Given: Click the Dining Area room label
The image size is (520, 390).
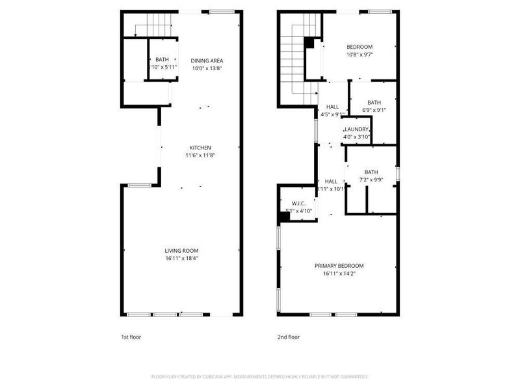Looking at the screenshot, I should [x=207, y=60].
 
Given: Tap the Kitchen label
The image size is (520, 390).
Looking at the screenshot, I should [x=200, y=148].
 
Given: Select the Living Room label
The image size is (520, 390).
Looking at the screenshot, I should [x=181, y=250].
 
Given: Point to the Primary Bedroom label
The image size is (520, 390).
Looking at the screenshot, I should [x=339, y=265].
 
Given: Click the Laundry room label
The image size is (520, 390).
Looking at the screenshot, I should [x=357, y=129].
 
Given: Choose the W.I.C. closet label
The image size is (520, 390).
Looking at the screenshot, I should [x=299, y=203].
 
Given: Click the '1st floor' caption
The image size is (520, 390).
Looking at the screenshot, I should [x=131, y=337].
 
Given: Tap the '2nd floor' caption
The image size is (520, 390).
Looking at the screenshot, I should [x=289, y=337].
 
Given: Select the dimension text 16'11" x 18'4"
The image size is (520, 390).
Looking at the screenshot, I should [x=181, y=258].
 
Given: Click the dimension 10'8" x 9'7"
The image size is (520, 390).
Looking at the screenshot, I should [x=359, y=55].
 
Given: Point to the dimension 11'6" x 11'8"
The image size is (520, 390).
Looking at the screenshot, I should [x=200, y=155].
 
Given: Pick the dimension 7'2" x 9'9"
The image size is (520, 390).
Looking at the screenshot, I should [x=371, y=179].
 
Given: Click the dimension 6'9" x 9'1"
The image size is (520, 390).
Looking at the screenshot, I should [x=374, y=110].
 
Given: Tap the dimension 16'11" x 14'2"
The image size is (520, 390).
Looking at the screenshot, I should [x=339, y=273].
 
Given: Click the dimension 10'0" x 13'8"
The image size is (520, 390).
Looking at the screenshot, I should [x=207, y=68].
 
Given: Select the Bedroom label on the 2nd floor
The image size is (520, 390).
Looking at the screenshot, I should [x=359, y=47].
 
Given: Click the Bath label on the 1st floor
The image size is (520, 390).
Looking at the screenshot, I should [x=161, y=60].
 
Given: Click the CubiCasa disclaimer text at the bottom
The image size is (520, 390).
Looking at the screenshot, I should [x=260, y=376].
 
